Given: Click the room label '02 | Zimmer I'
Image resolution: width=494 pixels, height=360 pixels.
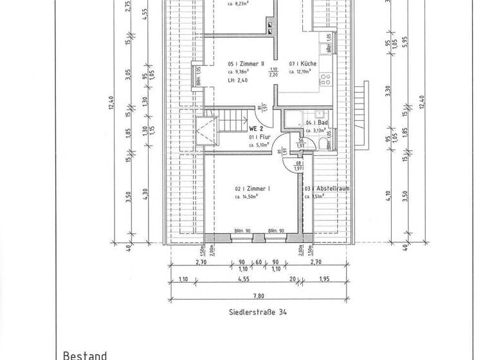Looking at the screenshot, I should click(x=252, y=188).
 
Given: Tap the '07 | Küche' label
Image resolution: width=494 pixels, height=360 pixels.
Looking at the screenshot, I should click(x=302, y=64).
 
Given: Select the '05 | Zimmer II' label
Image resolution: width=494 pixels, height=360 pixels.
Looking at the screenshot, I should click(x=246, y=64).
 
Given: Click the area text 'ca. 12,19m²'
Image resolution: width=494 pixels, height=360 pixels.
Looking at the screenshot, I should click(x=302, y=72).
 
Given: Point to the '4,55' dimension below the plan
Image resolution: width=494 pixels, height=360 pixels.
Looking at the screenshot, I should click(x=244, y=280).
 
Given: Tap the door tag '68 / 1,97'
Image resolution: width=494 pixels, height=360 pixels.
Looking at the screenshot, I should click(x=300, y=165).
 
